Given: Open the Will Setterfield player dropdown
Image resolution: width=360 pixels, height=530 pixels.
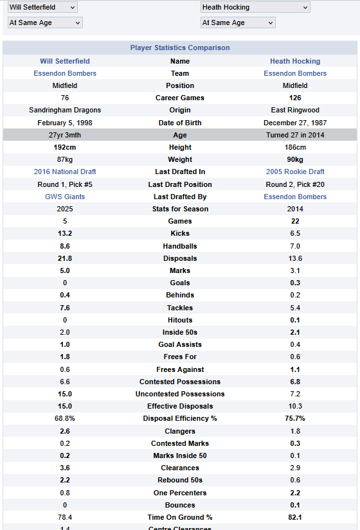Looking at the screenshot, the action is coord(42,7).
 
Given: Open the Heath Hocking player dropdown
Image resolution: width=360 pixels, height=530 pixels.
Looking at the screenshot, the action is coord(255,7).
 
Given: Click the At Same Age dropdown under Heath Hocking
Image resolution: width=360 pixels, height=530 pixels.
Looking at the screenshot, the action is coord(238,22).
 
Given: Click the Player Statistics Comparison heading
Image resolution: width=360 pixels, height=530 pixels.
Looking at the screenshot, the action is coord(180,48).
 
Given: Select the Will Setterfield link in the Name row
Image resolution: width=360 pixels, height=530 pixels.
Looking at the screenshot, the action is coord(65,61).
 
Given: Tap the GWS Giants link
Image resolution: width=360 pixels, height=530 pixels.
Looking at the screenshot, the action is coord(65,197).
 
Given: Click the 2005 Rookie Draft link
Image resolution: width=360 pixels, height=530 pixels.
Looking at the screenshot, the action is coord(295,172).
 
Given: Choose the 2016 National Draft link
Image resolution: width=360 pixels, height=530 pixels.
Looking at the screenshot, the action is coord(65,172).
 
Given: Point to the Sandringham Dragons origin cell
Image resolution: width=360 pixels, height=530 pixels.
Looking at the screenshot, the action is coord(65,110).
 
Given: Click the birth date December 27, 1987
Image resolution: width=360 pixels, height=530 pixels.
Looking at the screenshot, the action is coord(295,123).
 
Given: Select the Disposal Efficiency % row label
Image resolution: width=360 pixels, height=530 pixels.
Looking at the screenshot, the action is coord(180,418).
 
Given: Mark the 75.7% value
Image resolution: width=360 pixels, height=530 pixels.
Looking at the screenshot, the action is coord(295,418).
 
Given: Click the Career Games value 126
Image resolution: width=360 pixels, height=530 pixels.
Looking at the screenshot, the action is coord(295,98).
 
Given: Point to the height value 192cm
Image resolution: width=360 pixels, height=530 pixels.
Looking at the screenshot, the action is coord(65,147).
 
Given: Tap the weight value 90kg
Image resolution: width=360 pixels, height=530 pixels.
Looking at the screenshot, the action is coord(295,159).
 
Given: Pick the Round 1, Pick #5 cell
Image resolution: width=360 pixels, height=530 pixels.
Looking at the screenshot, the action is coord(65,184).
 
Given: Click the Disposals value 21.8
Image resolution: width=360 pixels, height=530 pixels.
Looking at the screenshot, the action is coord(65,259).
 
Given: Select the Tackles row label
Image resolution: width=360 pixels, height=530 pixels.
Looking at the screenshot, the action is coord(180,308).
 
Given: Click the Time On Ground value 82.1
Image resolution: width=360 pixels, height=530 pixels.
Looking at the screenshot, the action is coord(295,517).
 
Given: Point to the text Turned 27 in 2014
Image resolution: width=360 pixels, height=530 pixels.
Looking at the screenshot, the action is coord(295,135).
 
